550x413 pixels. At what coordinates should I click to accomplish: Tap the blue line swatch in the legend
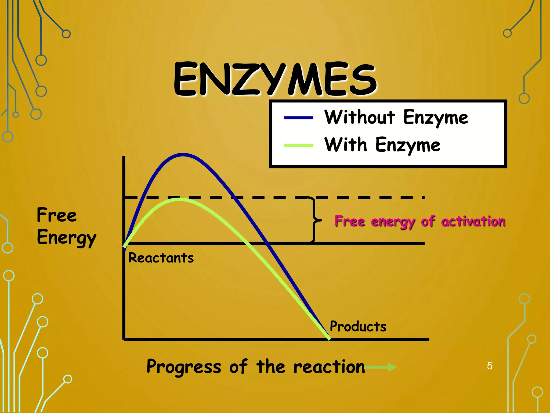[x=299, y=118]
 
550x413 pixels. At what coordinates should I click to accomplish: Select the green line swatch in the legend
[x=299, y=145]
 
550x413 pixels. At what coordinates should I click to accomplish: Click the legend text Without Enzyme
[x=396, y=118]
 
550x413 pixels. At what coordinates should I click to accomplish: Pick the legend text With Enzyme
[x=382, y=145]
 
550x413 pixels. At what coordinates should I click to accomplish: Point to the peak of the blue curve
[x=183, y=155]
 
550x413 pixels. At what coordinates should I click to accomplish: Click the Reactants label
[x=161, y=258]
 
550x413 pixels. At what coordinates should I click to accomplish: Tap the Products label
[x=358, y=326]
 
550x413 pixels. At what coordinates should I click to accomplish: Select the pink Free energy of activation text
[x=420, y=222]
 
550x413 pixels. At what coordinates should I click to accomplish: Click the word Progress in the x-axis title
[x=184, y=367]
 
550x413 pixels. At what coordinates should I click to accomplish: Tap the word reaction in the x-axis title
[x=329, y=367]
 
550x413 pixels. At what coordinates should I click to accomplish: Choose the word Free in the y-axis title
[x=57, y=215]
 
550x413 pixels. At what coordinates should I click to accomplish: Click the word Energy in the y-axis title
[x=67, y=238]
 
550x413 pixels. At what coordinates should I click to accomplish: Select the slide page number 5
[x=490, y=366]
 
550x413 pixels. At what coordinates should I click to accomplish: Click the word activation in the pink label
[x=473, y=222]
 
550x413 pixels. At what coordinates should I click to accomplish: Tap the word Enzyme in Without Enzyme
[x=436, y=118]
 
